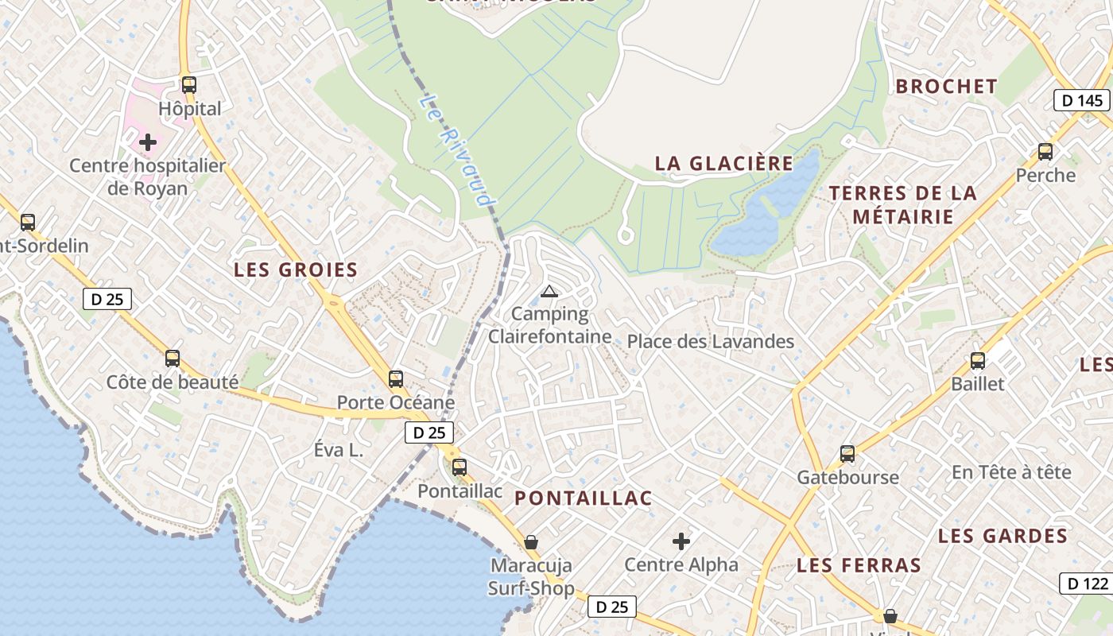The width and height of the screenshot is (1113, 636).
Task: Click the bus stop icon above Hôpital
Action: [188, 84]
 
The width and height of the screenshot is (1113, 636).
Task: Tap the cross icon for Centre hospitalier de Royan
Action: [148, 142]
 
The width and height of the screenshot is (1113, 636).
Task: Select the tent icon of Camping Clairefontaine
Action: [549, 292]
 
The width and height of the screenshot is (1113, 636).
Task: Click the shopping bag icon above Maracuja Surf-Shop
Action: [531, 542]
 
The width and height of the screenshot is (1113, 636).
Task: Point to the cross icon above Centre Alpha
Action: [681, 541]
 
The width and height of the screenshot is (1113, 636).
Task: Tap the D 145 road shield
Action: [1082, 100]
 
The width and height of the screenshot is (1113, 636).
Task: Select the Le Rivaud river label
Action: [456, 150]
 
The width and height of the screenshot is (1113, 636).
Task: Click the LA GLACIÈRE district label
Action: [723, 164]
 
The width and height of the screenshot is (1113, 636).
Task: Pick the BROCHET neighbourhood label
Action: [946, 87]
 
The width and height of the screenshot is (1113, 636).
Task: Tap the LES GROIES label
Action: [296, 270]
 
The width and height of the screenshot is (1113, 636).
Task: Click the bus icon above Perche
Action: [1045, 151]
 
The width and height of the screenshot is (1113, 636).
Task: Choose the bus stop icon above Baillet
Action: [978, 360]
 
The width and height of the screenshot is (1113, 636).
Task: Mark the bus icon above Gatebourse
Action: [847, 454]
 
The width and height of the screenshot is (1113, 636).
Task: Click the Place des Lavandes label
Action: [710, 342]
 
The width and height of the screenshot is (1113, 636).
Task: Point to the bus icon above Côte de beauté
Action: [173, 359]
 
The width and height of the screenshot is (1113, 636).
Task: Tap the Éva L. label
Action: [338, 450]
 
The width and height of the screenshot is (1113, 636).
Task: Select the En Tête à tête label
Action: [1011, 472]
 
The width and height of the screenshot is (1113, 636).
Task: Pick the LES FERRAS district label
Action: [859, 566]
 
